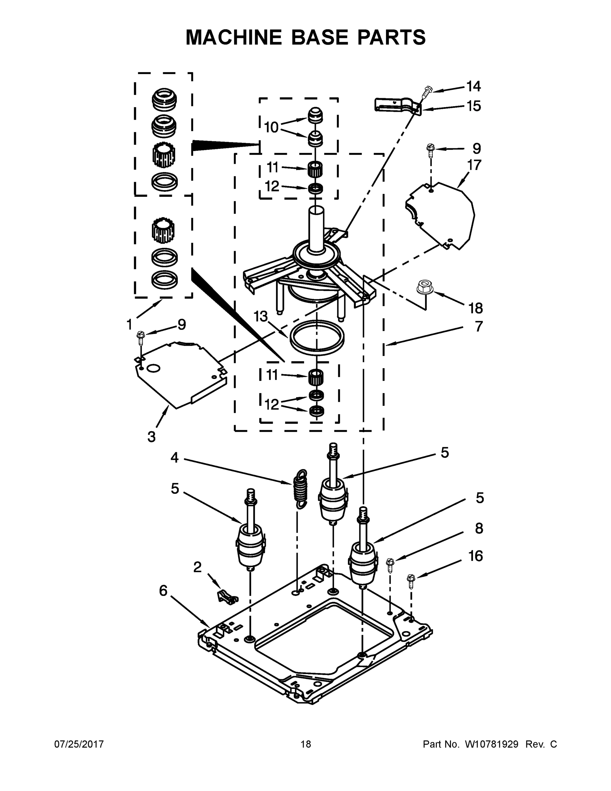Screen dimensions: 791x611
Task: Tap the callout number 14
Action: pos(473,87)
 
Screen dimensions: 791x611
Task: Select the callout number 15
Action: pos(473,106)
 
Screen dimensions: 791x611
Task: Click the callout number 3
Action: pos(151,437)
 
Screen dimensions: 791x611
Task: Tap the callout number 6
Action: pos(163,591)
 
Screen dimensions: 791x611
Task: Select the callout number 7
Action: pos(479,326)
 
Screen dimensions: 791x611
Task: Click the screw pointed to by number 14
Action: pos(427,92)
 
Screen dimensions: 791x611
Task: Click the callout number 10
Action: pos(271,128)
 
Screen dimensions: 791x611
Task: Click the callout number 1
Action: pos(129,325)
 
